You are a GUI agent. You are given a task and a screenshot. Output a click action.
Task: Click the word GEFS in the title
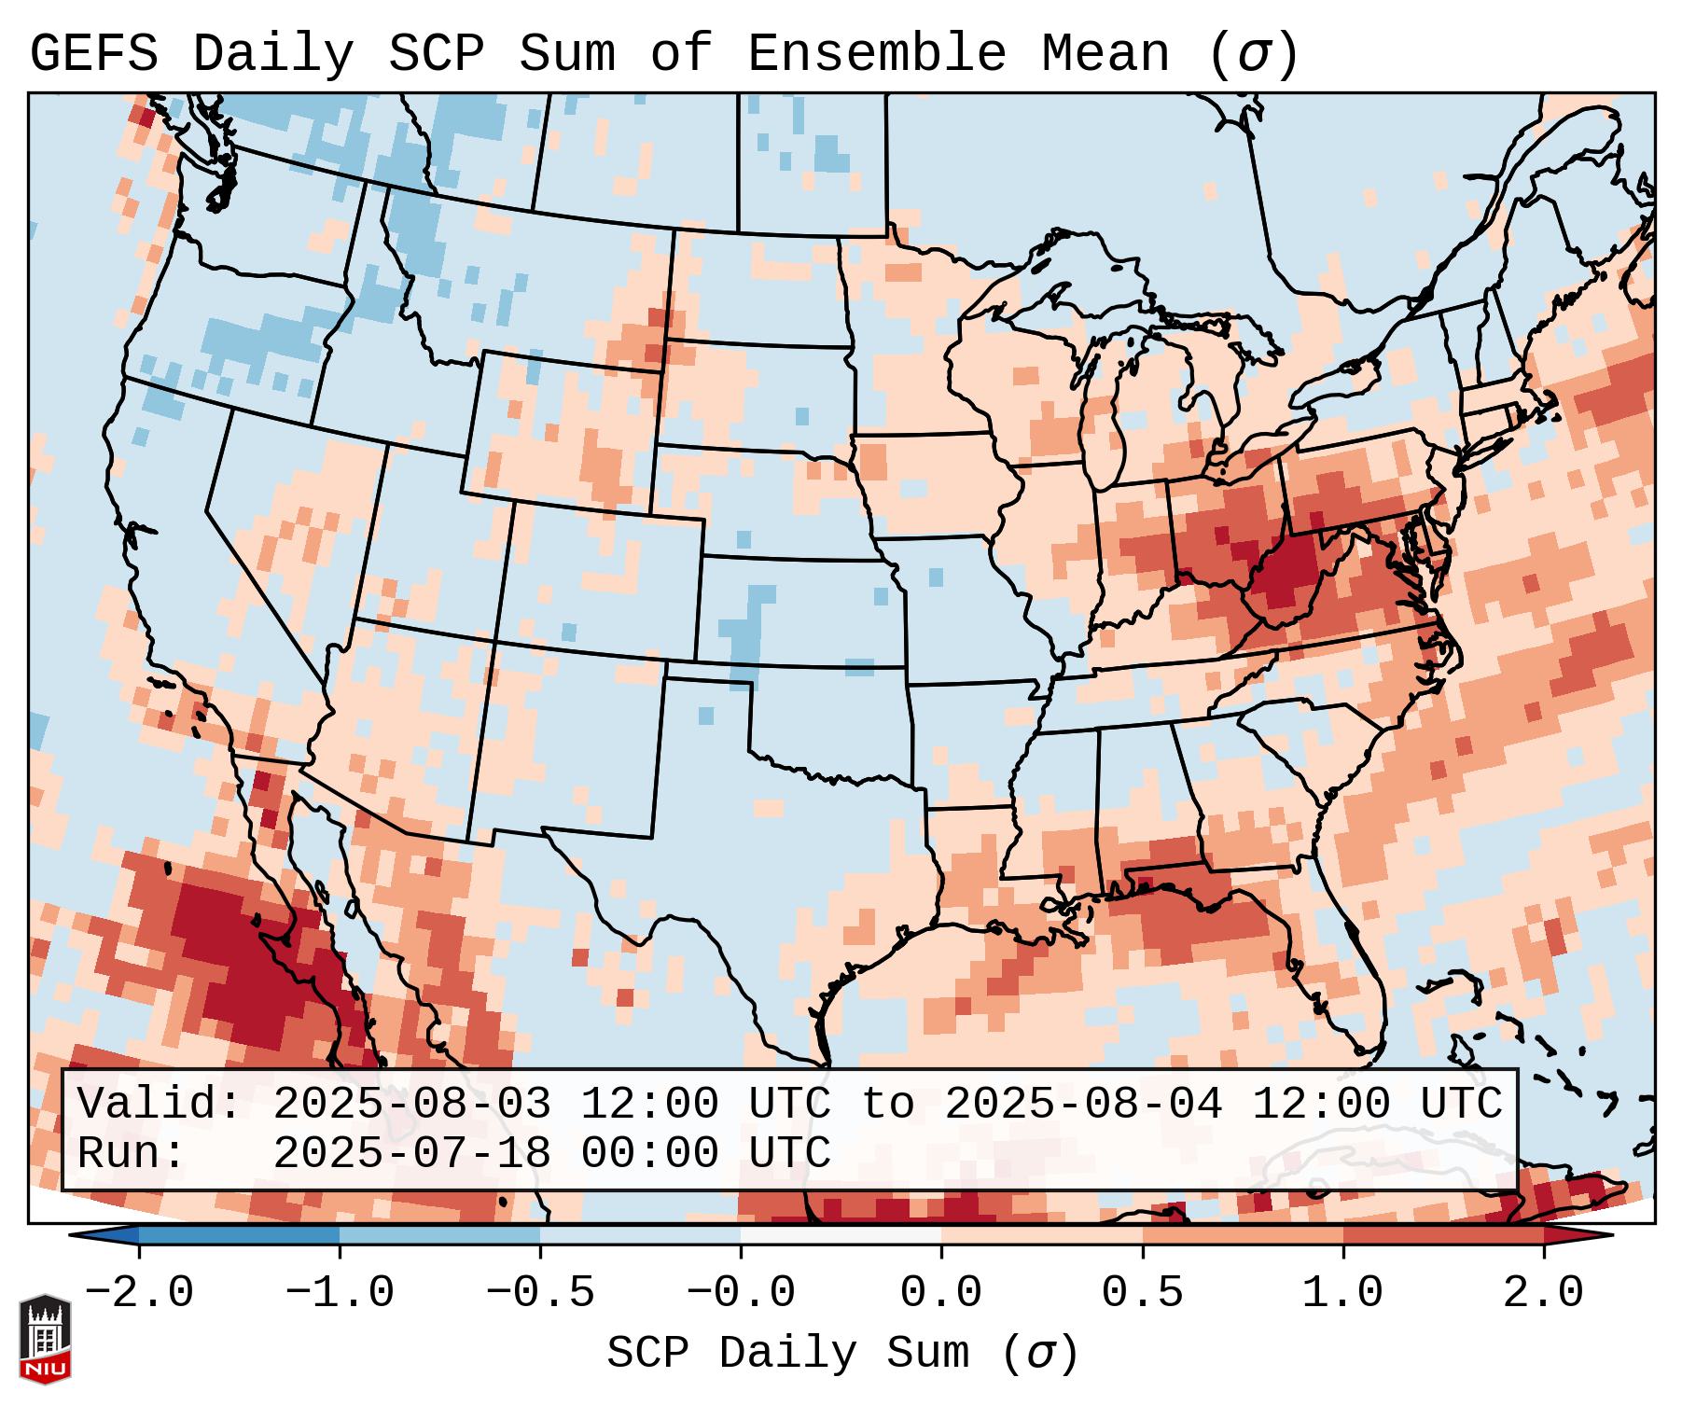coord(93,54)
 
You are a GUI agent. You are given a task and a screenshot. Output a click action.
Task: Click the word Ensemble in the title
coord(876,54)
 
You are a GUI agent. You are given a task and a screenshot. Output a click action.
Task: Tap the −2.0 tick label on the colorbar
coord(139,1293)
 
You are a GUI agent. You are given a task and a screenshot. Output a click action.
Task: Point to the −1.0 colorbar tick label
coord(340,1293)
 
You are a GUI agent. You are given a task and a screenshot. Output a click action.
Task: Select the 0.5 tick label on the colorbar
coord(1142,1293)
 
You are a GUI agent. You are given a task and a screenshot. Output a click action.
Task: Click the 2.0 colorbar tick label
coord(1543,1293)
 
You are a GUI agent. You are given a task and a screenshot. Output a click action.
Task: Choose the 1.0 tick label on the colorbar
coord(1342,1293)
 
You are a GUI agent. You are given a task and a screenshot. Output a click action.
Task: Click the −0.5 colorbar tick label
coord(540,1293)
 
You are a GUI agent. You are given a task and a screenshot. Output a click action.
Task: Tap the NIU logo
coord(45,1338)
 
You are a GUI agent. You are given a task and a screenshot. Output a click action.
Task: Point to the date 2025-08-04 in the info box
coord(1083,1105)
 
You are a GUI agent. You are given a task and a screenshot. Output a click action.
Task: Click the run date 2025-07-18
coord(411,1153)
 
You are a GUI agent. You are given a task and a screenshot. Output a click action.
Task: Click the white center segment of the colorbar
coord(841,1235)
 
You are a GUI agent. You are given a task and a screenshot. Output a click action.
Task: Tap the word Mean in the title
coord(1105,54)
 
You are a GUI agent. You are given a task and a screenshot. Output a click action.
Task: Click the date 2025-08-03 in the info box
coord(411,1105)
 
